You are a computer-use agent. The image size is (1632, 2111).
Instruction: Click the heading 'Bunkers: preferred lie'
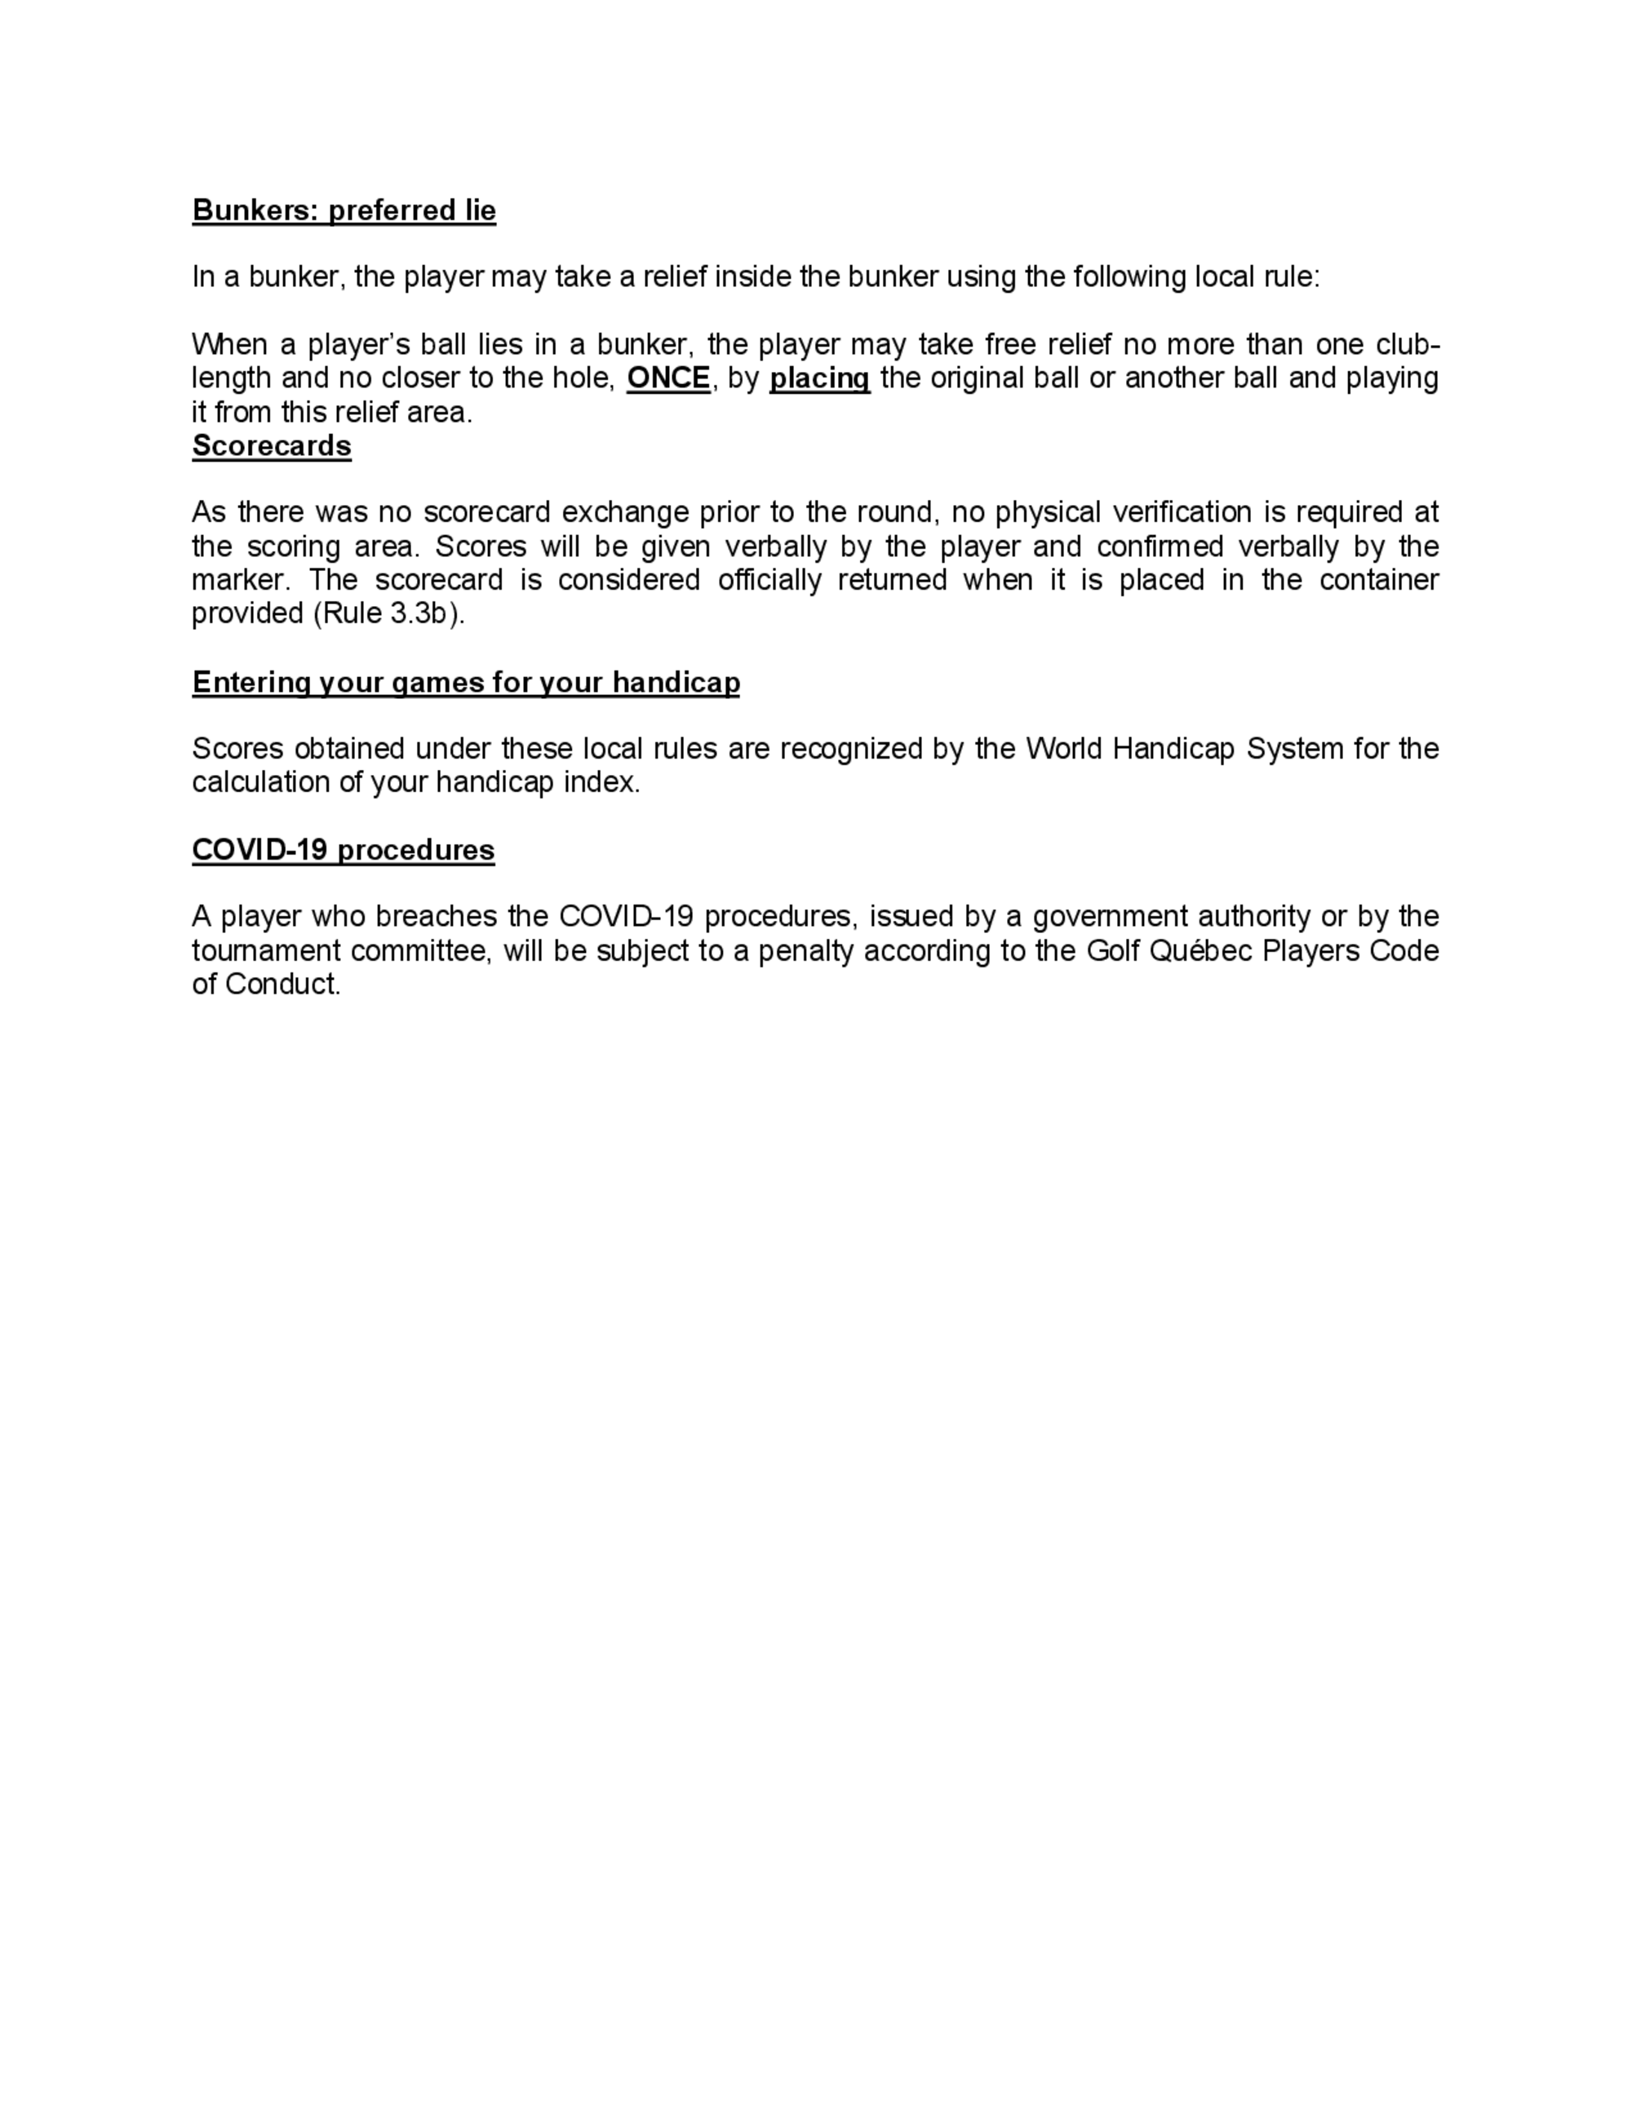pyautogui.click(x=344, y=210)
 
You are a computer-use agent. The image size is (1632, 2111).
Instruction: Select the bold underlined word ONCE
pyautogui.click(x=668, y=378)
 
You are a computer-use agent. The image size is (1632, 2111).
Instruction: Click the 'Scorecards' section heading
pyautogui.click(x=272, y=445)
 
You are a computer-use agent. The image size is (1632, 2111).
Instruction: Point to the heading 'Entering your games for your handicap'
pyautogui.click(x=466, y=683)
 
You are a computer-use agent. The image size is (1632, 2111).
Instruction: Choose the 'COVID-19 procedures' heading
pyautogui.click(x=344, y=850)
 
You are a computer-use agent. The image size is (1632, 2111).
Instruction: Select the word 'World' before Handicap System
pyautogui.click(x=1065, y=749)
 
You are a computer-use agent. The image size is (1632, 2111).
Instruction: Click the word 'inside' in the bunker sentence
pyautogui.click(x=752, y=277)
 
